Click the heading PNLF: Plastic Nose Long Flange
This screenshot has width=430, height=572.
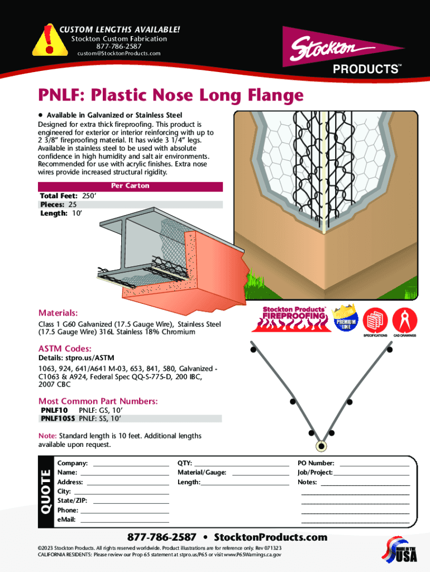[x=170, y=96]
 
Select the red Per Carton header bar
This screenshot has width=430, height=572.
[x=130, y=186]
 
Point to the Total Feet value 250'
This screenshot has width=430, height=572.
[x=90, y=196]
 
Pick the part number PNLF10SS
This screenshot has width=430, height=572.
[x=58, y=418]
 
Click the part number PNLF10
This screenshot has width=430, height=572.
[x=54, y=410]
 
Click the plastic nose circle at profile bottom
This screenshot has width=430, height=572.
[x=321, y=446]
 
